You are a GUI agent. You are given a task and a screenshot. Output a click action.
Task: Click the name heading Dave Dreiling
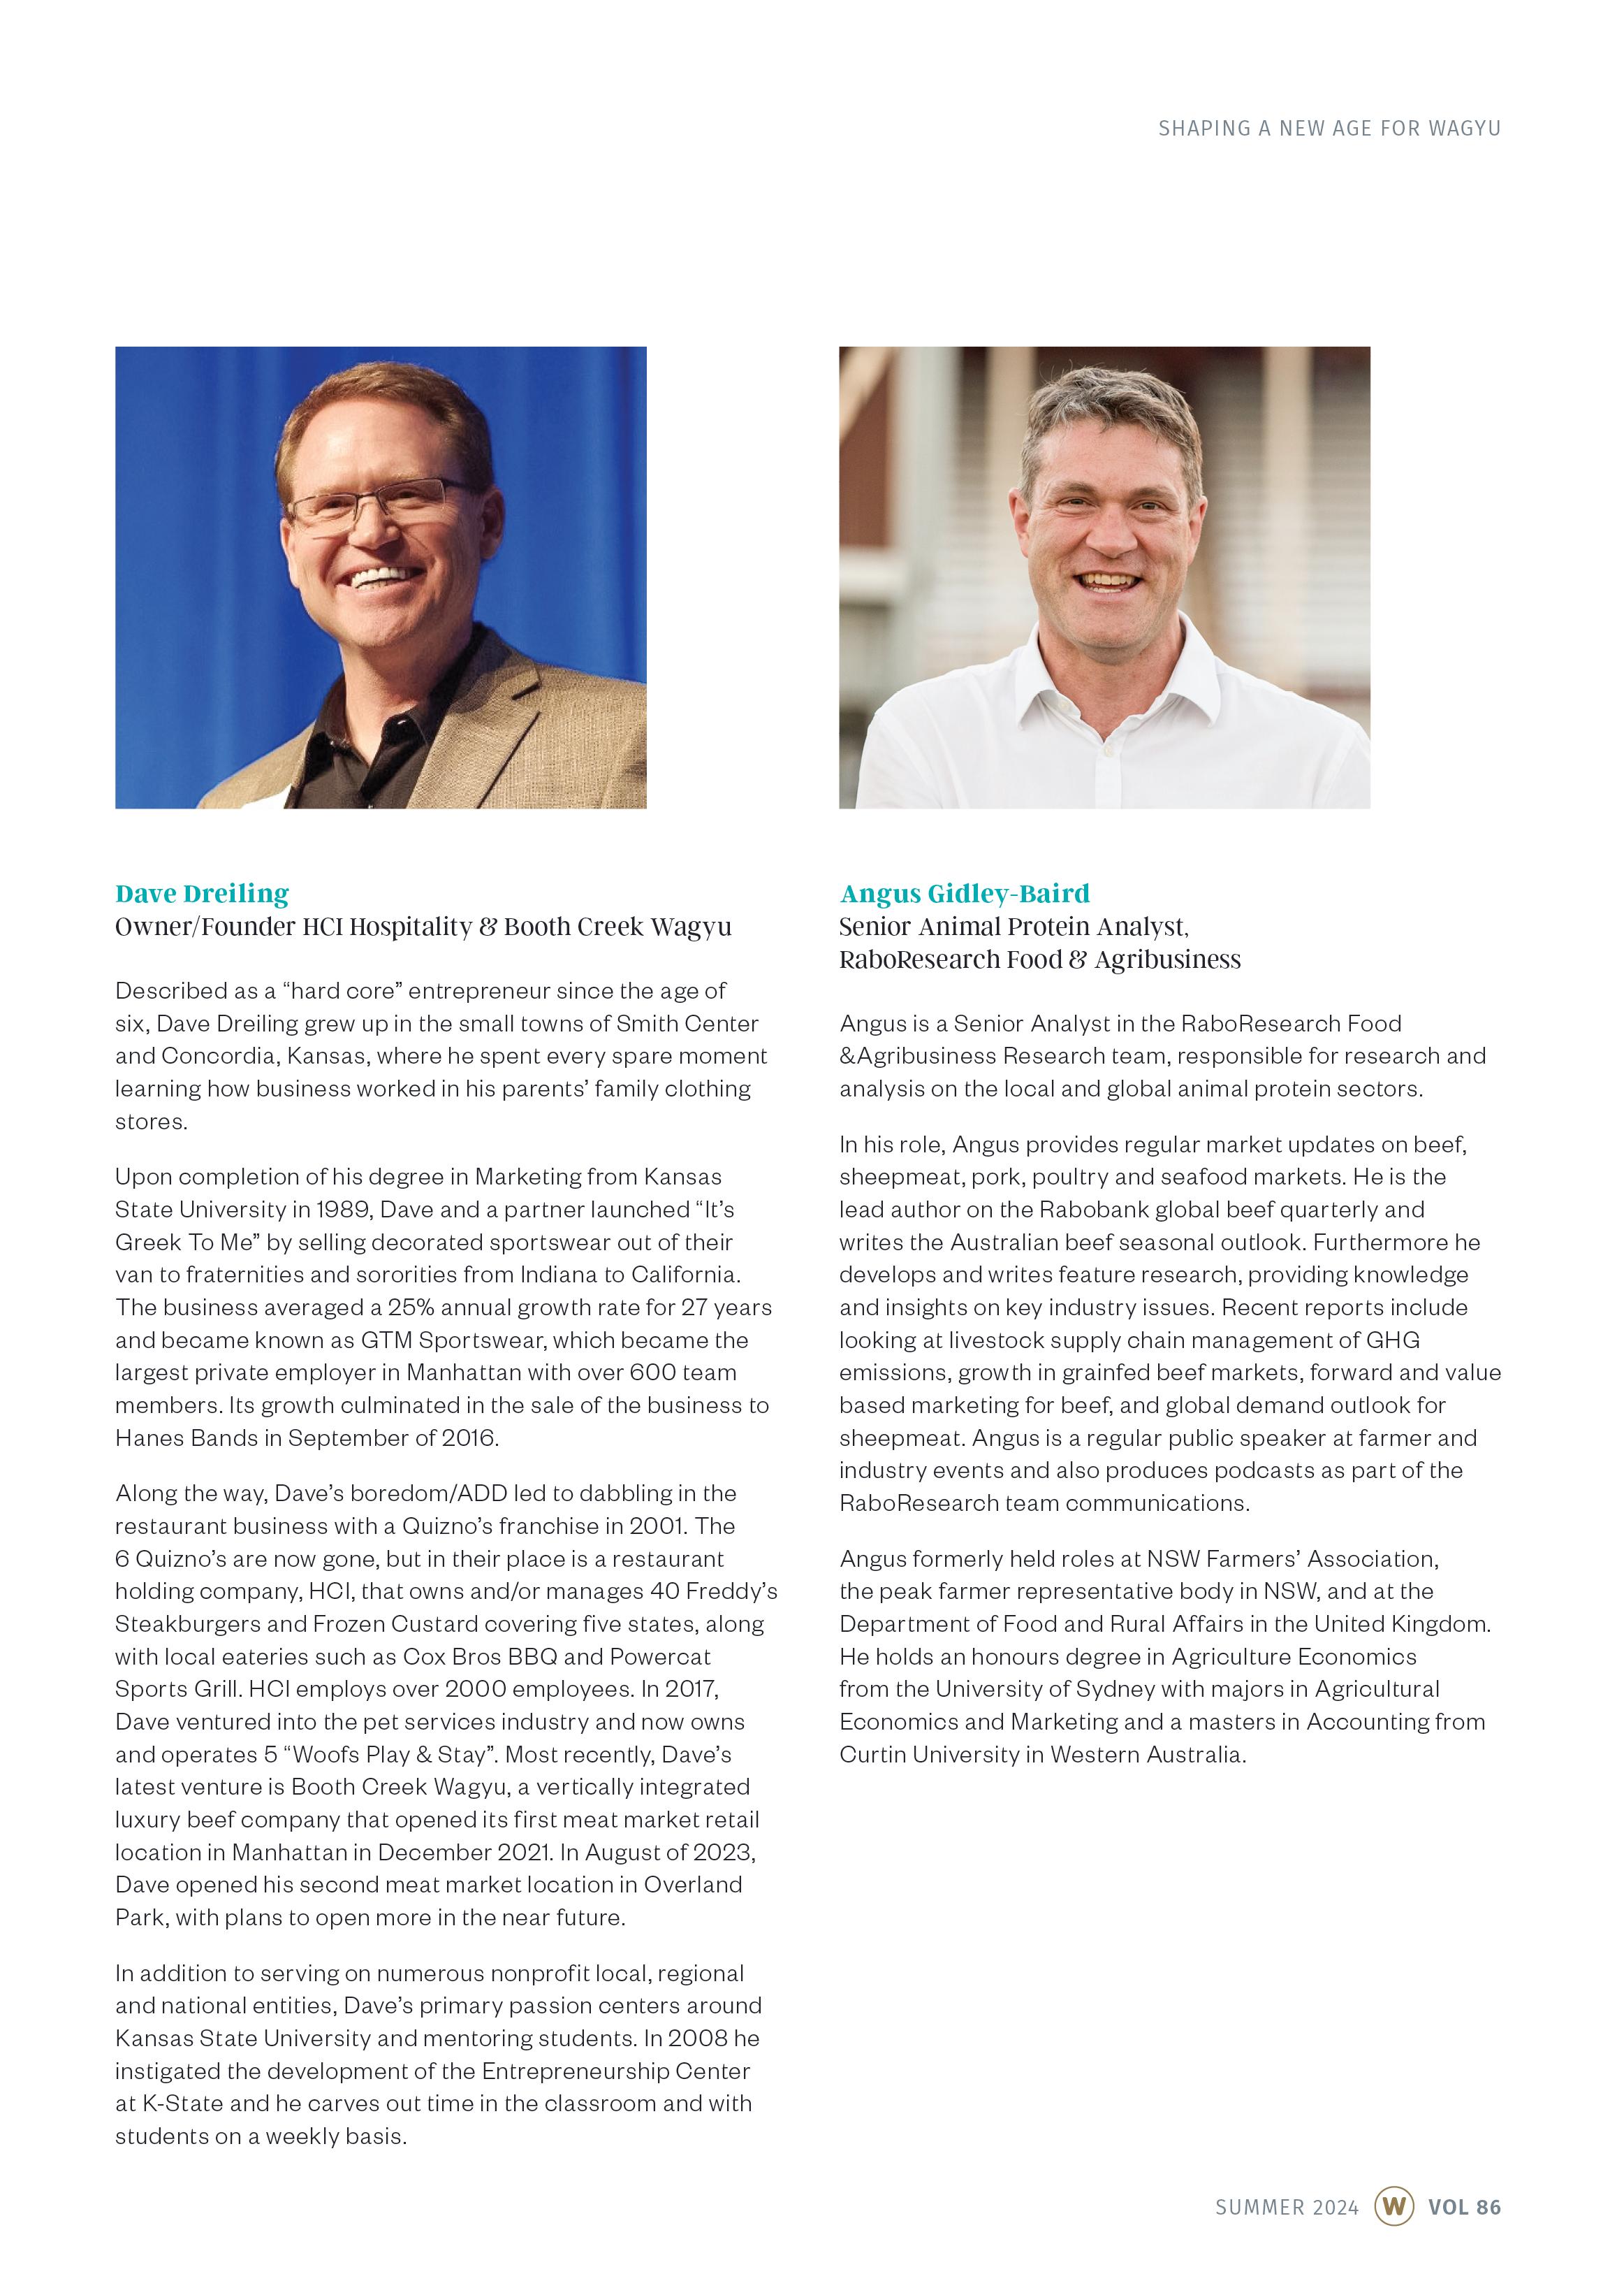coord(203,893)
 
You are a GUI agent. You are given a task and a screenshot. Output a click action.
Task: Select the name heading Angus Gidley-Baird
coord(965,893)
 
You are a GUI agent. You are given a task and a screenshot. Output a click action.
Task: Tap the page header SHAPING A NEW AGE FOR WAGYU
coord(1328,129)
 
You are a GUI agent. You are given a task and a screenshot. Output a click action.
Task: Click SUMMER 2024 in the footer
coord(1286,2206)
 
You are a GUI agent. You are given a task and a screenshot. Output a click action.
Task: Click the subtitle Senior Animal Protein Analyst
coord(1014,927)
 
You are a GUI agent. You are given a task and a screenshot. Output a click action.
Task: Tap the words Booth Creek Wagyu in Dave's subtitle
coord(617,927)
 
